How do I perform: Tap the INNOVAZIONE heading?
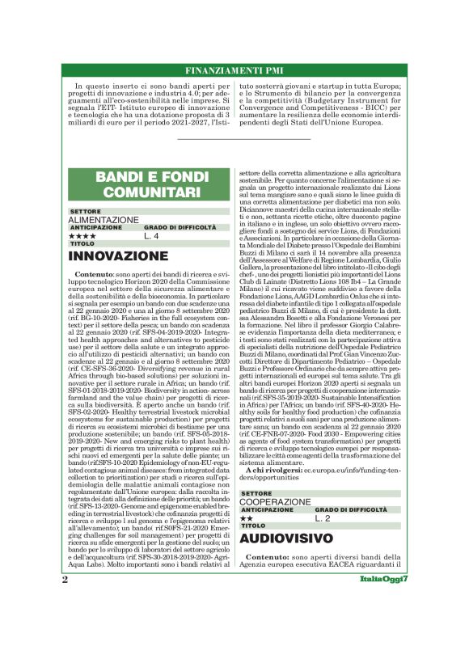[118, 257]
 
